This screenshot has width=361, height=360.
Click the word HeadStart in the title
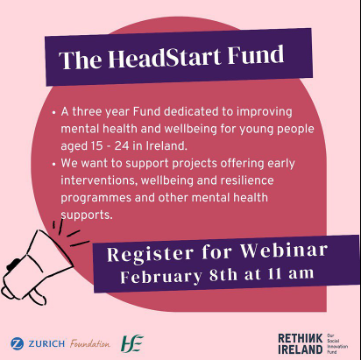click(165, 58)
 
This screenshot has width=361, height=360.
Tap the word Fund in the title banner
click(256, 54)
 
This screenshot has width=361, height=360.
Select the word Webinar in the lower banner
click(284, 251)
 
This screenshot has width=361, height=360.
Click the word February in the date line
click(161, 276)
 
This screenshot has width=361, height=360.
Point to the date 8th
click(223, 275)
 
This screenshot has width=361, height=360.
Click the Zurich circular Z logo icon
click(18, 343)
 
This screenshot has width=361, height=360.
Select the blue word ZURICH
click(46, 343)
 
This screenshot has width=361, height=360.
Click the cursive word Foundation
click(90, 343)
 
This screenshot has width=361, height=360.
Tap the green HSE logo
click(132, 343)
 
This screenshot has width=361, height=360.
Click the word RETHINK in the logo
click(301, 338)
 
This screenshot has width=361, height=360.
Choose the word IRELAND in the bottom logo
click(301, 349)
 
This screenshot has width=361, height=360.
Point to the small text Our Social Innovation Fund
click(337, 344)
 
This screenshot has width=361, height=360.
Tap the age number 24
click(122, 145)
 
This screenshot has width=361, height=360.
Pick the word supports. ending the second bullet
click(87, 215)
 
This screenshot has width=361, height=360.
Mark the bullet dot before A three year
click(53, 113)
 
